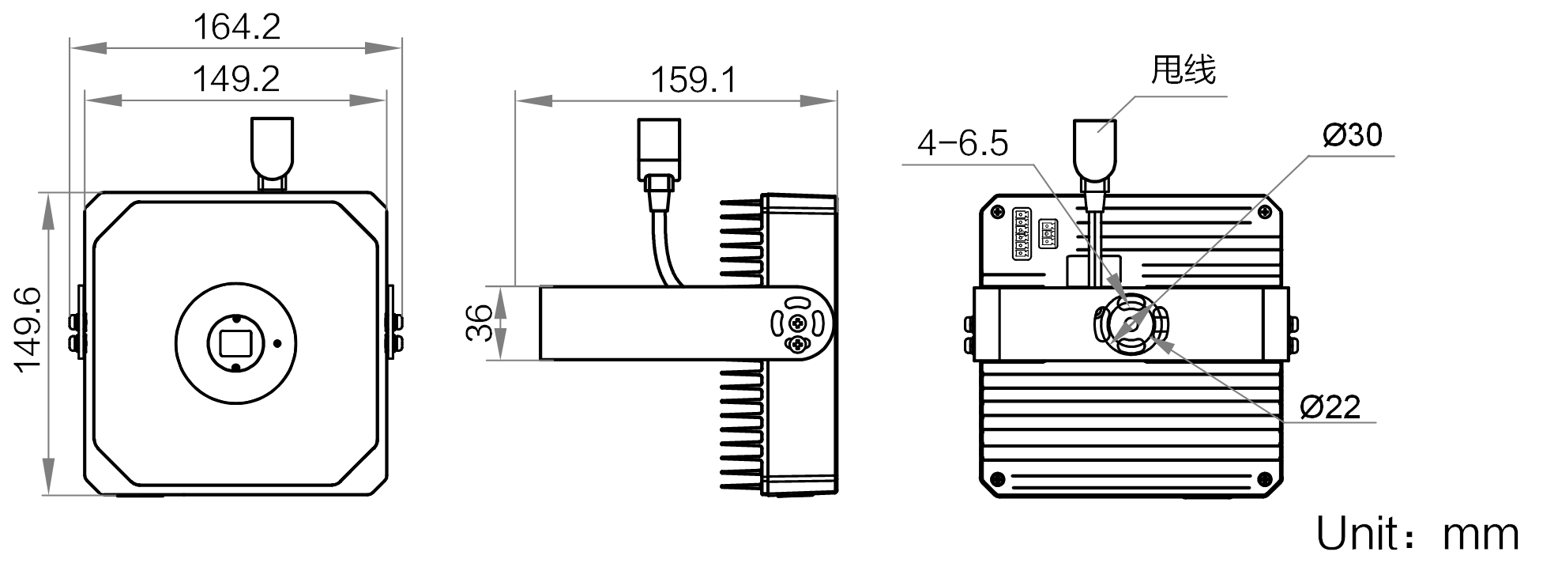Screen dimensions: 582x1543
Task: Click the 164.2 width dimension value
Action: [236, 27]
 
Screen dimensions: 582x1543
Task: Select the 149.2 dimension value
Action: [236, 79]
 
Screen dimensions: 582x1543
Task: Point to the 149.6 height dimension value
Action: [28, 329]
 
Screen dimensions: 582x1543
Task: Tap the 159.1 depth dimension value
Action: [693, 80]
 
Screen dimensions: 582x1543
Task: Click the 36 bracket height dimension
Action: [480, 323]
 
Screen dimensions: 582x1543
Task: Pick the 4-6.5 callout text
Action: [962, 143]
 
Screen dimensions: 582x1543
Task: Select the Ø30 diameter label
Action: [1352, 135]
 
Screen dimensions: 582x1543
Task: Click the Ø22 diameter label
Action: [1330, 407]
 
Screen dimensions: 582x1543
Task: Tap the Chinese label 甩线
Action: [1183, 70]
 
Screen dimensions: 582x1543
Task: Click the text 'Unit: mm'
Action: [1417, 534]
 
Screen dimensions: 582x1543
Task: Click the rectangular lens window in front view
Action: [235, 343]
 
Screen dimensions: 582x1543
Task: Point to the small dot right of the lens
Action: [277, 343]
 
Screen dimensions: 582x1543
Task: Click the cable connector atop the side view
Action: [659, 150]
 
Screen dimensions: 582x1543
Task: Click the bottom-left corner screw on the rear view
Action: [998, 478]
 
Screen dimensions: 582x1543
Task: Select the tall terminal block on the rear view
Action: [1021, 233]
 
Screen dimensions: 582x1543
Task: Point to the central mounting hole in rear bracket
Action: [1131, 323]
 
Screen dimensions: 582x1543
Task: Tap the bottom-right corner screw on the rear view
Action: [1265, 478]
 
